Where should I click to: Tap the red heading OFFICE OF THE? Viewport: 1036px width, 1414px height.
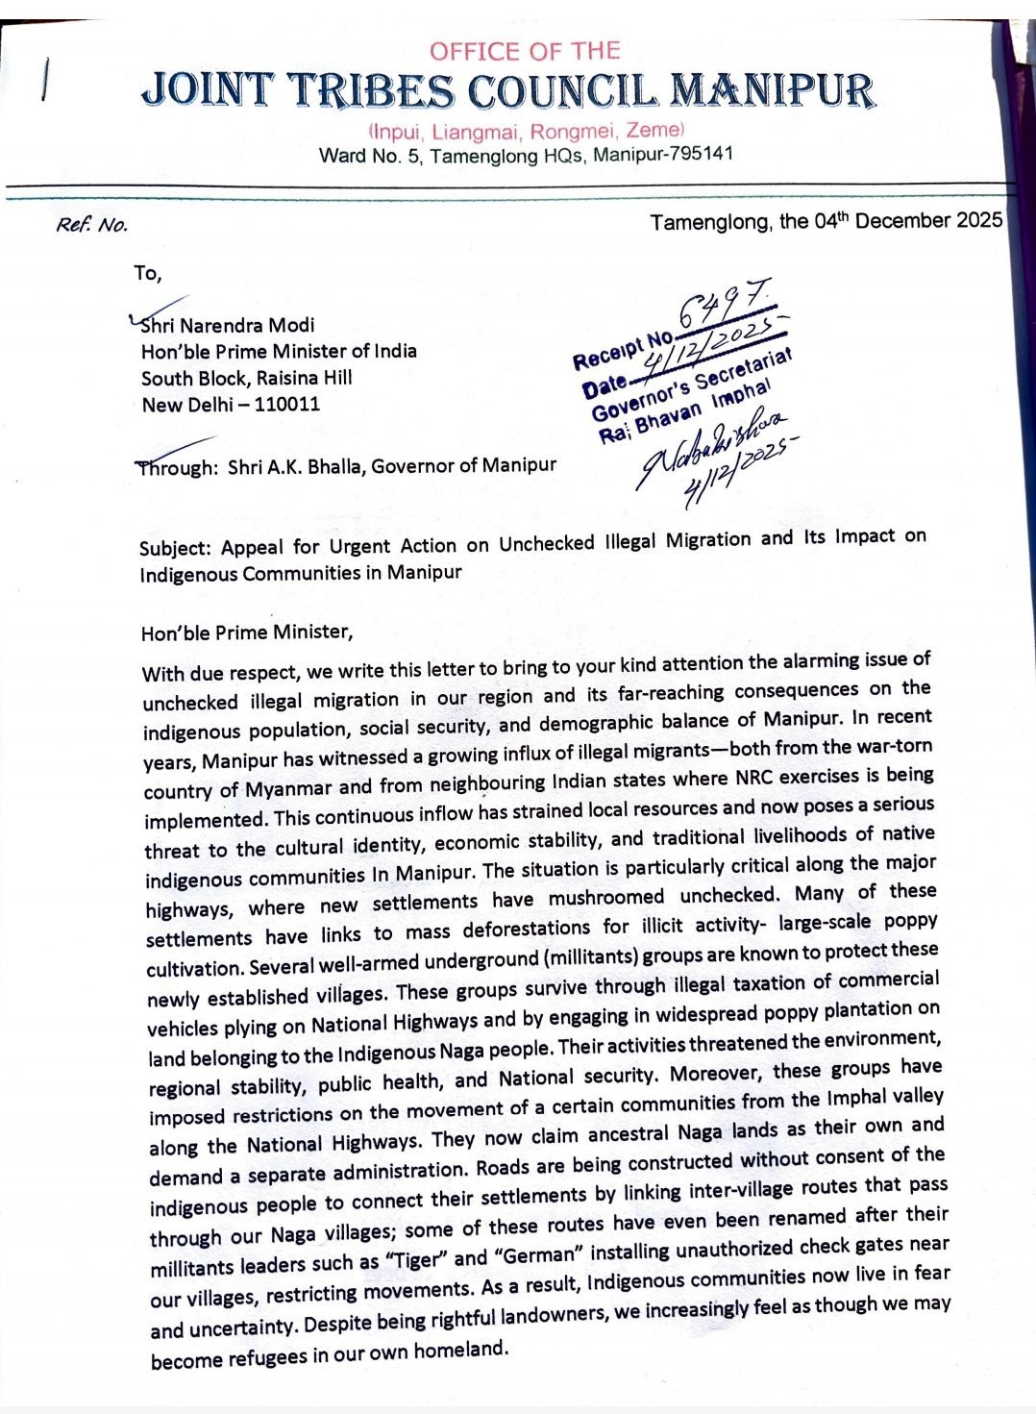click(x=525, y=51)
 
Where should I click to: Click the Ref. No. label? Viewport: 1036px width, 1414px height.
click(x=92, y=225)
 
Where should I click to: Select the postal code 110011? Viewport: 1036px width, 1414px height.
click(x=287, y=404)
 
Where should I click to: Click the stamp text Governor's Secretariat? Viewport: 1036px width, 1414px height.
click(x=691, y=386)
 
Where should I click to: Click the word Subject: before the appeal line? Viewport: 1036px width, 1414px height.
click(x=175, y=549)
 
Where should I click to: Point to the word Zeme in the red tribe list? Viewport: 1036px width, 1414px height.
click(x=654, y=131)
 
